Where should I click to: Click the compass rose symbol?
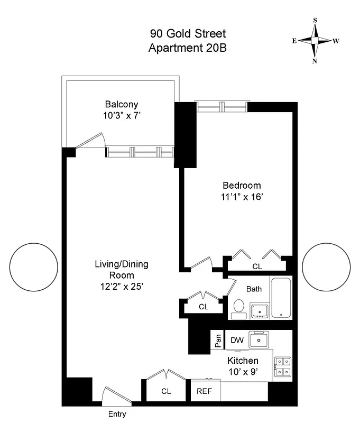tap(315, 41)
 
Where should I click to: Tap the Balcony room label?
tap(121, 104)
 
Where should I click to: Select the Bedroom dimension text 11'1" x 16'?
tap(242, 196)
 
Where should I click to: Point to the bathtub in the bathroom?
tap(281, 298)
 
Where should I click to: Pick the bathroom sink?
tap(259, 310)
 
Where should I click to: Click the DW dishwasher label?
tap(237, 341)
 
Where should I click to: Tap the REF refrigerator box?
tap(205, 392)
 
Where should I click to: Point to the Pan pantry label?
tap(218, 341)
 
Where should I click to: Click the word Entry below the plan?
tap(117, 414)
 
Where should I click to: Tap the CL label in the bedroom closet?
tap(257, 266)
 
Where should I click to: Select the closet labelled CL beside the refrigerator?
tap(166, 391)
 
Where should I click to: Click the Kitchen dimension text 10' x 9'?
tap(243, 371)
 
